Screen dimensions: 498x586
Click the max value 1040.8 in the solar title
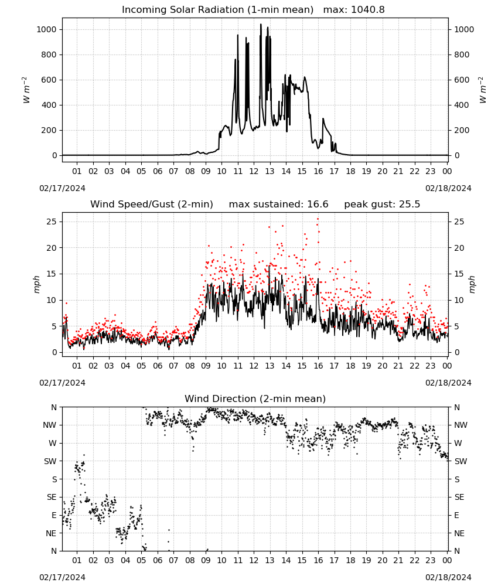368,10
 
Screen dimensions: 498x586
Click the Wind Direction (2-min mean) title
255,398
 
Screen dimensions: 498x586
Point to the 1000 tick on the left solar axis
47,29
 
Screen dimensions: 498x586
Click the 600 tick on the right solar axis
462,80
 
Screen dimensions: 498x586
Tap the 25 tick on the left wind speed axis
52,222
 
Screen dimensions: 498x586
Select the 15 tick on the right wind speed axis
459,274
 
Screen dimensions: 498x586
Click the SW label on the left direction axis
50,461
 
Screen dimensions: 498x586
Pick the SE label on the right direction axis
459,497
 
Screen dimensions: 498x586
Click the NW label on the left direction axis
50,425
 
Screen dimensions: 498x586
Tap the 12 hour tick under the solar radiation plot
254,171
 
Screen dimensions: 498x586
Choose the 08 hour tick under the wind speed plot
190,366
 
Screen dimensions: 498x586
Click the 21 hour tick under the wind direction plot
398,560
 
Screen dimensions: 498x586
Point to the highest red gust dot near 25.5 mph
318,219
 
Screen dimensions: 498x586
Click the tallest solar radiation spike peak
261,24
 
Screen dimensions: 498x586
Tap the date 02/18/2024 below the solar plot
448,188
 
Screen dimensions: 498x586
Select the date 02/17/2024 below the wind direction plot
62,577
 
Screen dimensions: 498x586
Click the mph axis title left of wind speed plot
36,284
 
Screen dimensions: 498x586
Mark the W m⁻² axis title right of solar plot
482,90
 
